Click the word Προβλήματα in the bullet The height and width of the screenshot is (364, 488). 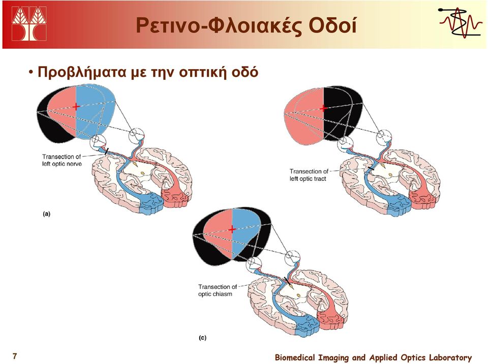pos(81,72)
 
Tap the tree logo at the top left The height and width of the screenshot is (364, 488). pos(29,23)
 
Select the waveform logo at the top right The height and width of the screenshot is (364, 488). pos(460,23)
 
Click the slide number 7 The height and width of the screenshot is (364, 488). pos(15,356)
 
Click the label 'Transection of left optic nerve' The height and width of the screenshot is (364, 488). pos(62,160)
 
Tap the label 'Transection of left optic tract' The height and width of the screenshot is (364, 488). pos(309,175)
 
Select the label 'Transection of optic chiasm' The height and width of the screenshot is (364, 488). pos(218,290)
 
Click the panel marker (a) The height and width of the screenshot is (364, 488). pos(46,214)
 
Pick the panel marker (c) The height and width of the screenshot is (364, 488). pos(203,338)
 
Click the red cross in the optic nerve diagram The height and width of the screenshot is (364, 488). pos(76,107)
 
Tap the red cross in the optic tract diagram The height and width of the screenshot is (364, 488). pos(324,108)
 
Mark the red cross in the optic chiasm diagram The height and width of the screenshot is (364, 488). pos(232,229)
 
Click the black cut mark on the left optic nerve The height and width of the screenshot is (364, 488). pos(107,151)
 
